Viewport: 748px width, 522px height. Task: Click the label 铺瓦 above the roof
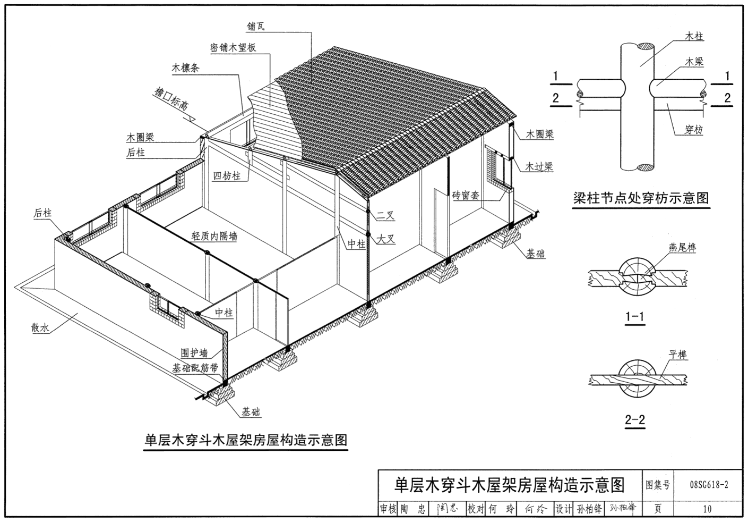[256, 26]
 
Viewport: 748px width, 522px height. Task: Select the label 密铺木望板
[233, 48]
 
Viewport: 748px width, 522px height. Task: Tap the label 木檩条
[185, 68]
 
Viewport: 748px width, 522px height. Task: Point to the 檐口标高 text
[170, 98]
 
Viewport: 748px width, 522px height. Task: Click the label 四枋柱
[227, 175]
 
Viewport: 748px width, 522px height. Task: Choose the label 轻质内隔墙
[214, 235]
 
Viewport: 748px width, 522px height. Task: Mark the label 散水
[40, 328]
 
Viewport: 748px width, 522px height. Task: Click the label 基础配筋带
[195, 368]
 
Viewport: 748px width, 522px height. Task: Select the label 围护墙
[194, 353]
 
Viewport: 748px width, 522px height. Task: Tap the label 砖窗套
[466, 196]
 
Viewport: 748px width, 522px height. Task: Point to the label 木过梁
[539, 166]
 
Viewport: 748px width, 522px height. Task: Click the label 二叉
[385, 216]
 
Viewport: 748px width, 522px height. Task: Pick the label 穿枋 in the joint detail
[693, 130]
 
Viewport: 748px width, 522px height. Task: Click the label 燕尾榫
[682, 247]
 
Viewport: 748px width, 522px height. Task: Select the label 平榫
[678, 355]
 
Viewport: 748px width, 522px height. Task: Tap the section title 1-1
[634, 317]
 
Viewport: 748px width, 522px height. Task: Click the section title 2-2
[634, 420]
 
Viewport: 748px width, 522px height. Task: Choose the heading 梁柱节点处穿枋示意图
[641, 198]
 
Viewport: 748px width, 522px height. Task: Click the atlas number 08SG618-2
[709, 485]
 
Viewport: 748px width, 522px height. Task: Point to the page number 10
[707, 509]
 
